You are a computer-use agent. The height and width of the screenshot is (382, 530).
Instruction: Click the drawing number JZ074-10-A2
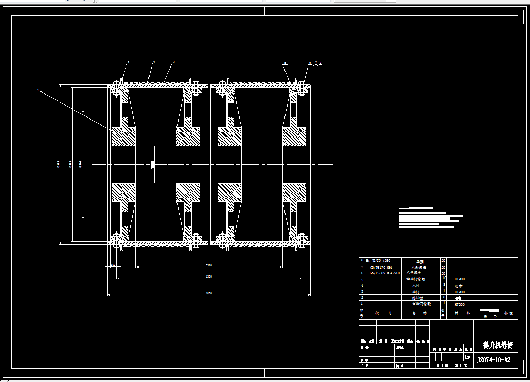tap(493, 360)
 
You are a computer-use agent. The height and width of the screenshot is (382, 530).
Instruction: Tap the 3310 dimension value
tap(209, 266)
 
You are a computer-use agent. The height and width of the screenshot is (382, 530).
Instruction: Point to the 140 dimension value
tap(113, 265)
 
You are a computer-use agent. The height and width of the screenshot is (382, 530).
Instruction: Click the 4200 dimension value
tap(209, 276)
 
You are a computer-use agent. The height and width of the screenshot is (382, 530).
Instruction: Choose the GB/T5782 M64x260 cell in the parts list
tap(384, 273)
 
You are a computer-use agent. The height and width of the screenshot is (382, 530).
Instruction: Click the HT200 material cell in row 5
tap(459, 279)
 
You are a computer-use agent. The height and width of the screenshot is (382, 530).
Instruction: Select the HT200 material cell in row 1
tap(459, 304)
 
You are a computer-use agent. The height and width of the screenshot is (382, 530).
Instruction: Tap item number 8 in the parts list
tap(362, 260)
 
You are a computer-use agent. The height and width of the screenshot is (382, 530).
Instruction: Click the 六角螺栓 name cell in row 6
tap(413, 273)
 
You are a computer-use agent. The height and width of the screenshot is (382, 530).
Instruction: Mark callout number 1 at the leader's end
tap(37, 90)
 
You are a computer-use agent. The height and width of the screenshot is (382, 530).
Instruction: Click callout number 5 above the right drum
tap(285, 63)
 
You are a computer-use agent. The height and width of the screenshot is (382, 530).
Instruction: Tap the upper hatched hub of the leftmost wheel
tap(124, 137)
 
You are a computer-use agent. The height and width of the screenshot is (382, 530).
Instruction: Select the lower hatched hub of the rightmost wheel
tap(294, 192)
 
